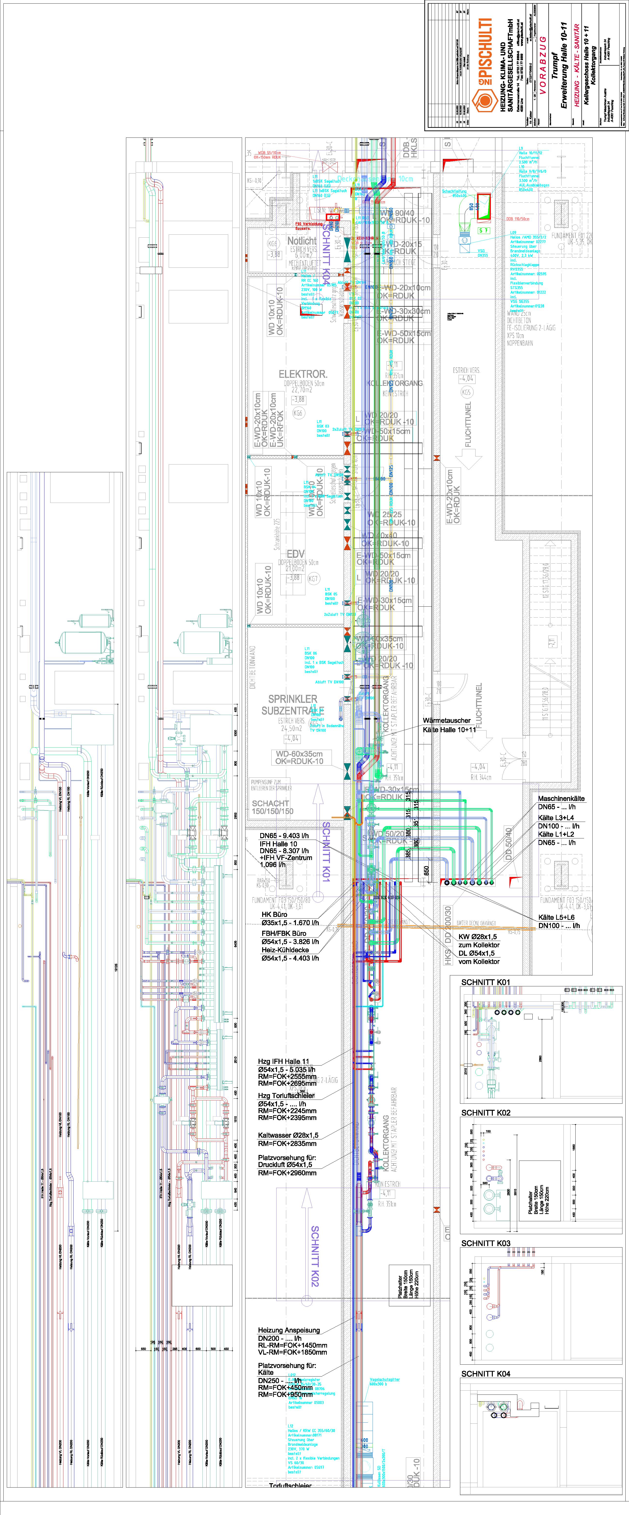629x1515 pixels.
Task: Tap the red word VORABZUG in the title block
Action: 543,65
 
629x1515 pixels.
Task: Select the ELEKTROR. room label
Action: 303,374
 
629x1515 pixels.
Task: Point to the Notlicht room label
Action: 302,241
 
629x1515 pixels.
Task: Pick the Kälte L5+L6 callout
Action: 556,917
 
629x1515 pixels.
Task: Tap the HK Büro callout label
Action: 275,914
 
